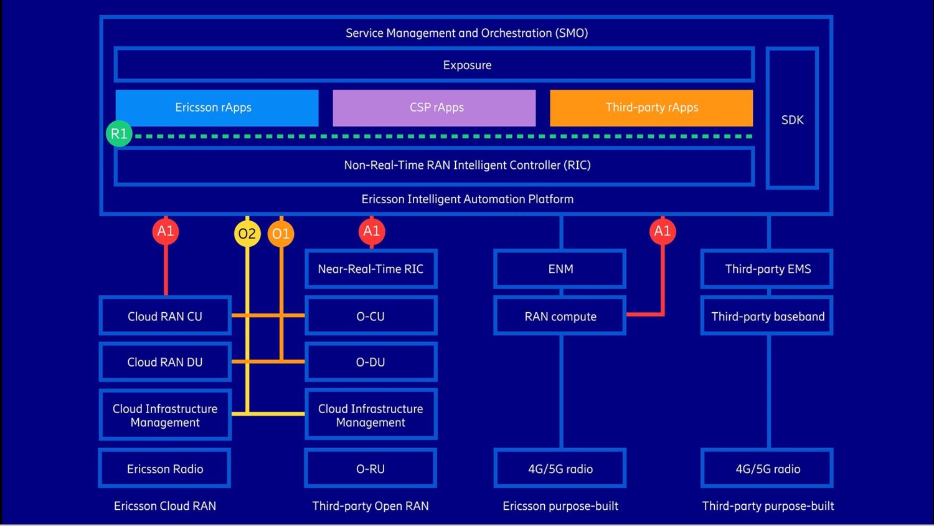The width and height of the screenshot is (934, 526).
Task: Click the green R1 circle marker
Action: click(119, 134)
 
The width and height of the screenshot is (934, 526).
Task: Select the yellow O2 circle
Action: click(247, 234)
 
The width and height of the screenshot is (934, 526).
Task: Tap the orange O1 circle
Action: click(281, 234)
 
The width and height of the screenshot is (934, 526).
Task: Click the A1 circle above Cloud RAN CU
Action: click(166, 231)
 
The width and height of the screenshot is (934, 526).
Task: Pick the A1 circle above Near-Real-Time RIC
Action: click(372, 231)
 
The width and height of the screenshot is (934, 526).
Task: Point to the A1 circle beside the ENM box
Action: click(663, 231)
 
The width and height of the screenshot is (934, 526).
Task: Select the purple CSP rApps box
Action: click(434, 108)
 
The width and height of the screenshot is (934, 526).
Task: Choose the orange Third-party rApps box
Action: click(651, 108)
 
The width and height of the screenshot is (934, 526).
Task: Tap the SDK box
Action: click(792, 119)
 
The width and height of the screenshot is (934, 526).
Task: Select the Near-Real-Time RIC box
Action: click(371, 269)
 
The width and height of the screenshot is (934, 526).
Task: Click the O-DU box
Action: click(371, 361)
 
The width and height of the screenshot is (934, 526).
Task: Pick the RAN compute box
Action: click(560, 316)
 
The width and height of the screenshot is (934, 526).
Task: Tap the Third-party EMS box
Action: click(767, 269)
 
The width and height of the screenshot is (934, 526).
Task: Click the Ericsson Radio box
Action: click(165, 469)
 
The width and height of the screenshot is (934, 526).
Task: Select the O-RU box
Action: click(371, 469)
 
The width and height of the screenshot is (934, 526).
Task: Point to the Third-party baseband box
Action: click(767, 316)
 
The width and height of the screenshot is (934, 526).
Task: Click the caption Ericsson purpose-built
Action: click(560, 506)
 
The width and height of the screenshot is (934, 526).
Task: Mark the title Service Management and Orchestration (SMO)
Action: click(466, 33)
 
